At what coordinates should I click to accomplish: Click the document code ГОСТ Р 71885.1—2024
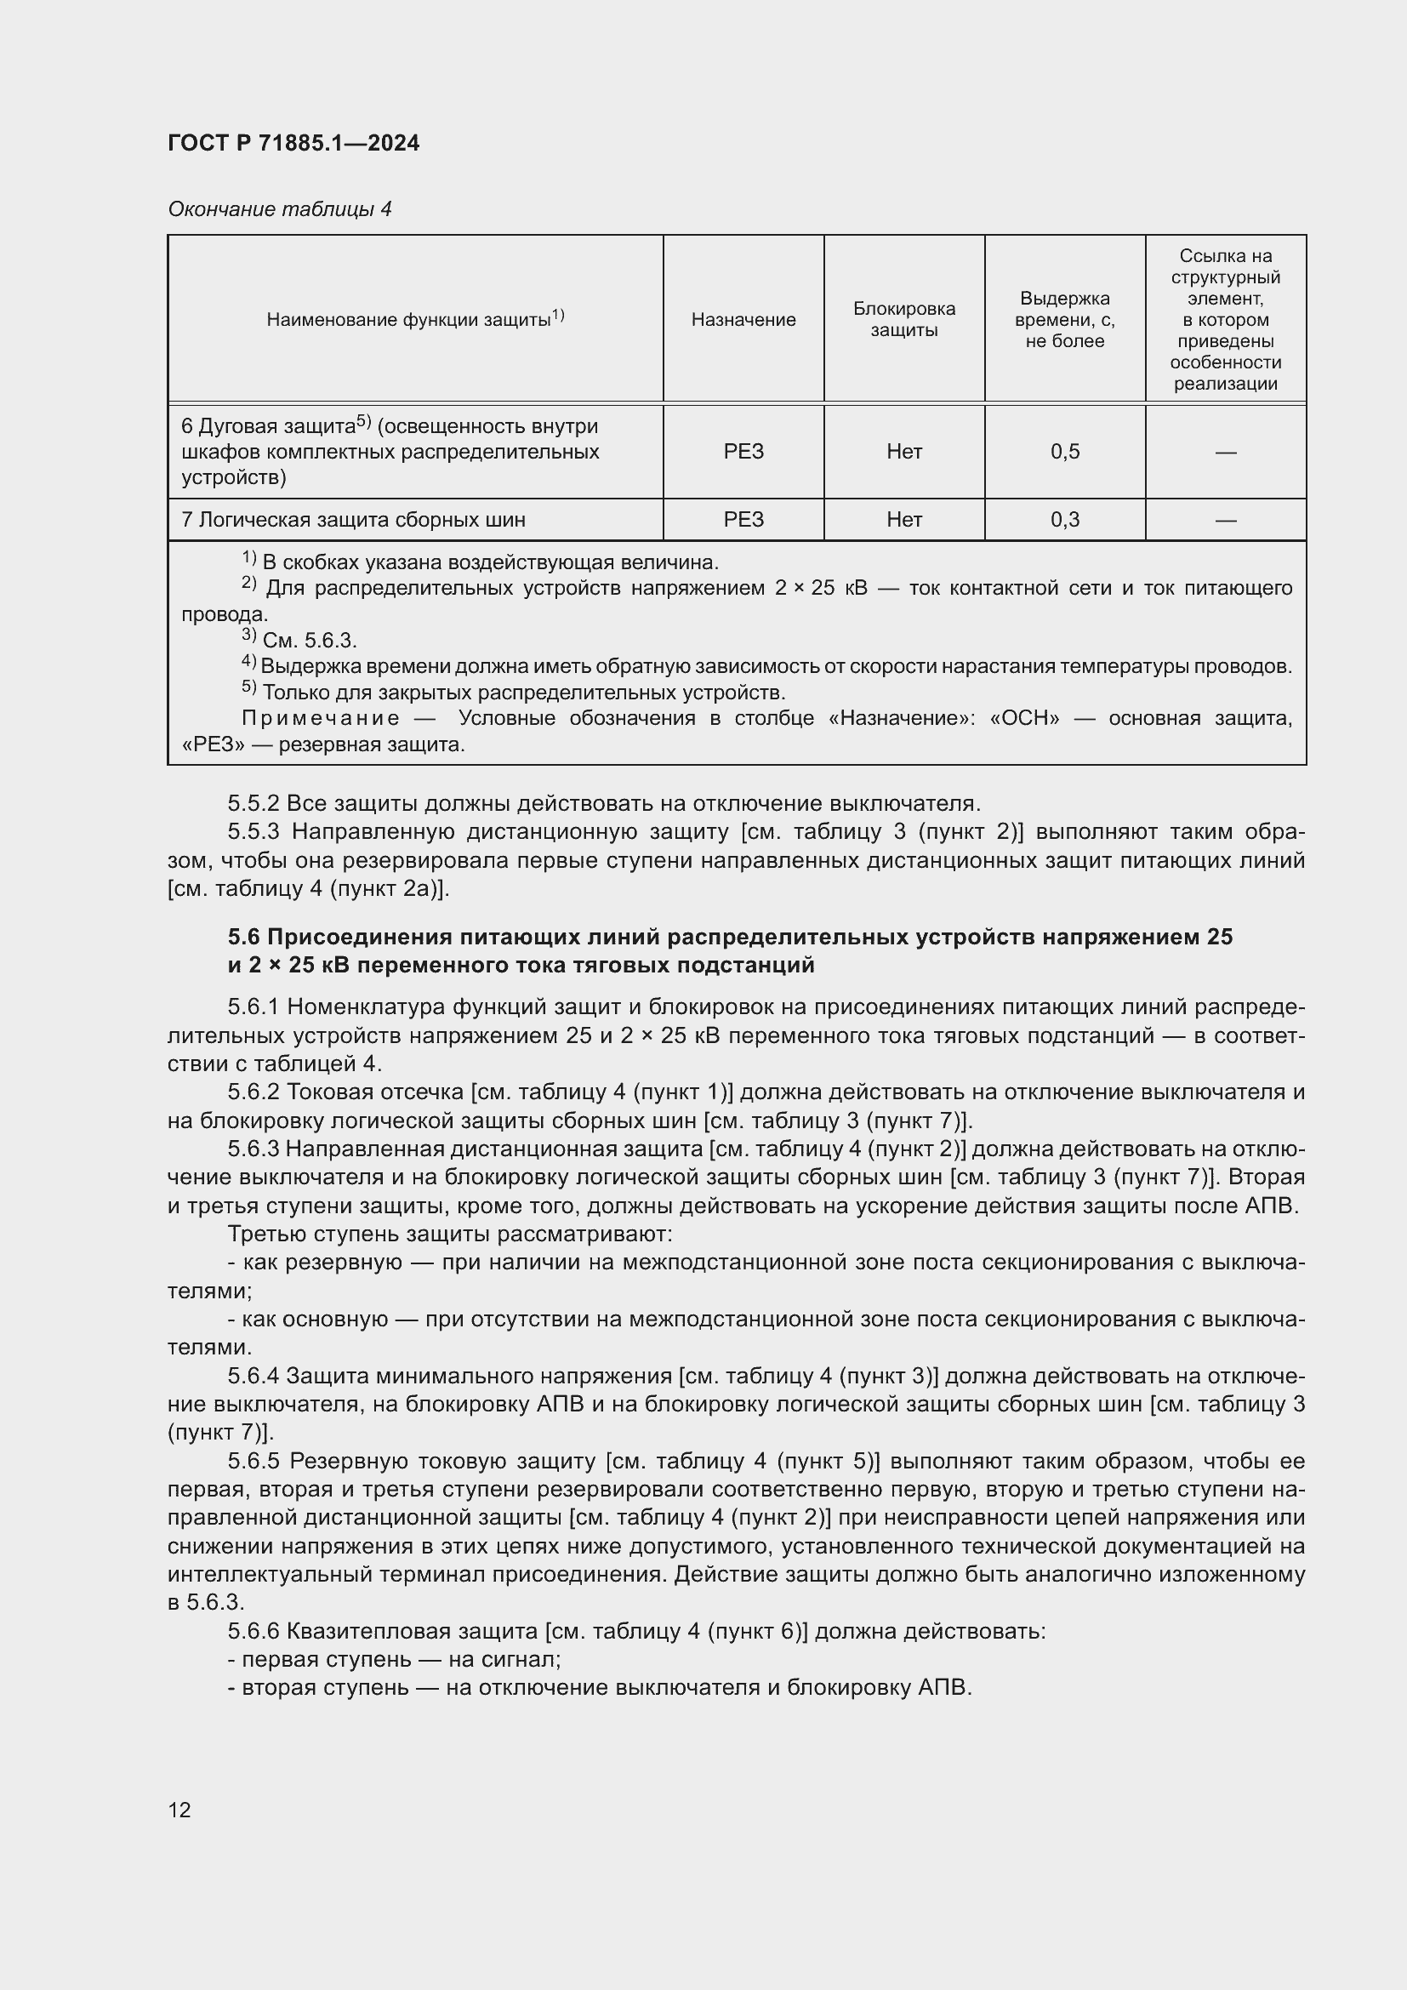coord(293,143)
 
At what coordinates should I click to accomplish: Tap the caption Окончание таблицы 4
coord(279,209)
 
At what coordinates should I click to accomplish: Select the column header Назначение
coord(743,320)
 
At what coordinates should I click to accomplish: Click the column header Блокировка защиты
coord(903,319)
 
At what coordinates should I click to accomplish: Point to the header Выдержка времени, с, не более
coord(1064,319)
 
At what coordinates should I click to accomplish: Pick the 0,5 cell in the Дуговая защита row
coord(1064,452)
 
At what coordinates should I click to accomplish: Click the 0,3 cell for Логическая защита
coord(1064,520)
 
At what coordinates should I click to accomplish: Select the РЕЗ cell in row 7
coord(743,520)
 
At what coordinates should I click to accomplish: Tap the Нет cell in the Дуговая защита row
coord(903,452)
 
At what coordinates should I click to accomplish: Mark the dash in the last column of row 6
coord(1225,452)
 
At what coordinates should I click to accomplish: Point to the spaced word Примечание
coord(321,718)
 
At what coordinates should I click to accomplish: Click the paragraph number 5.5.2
coord(253,803)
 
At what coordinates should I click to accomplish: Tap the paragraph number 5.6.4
coord(253,1377)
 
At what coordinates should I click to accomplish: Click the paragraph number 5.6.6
coord(253,1632)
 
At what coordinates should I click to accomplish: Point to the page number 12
coord(179,1810)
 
